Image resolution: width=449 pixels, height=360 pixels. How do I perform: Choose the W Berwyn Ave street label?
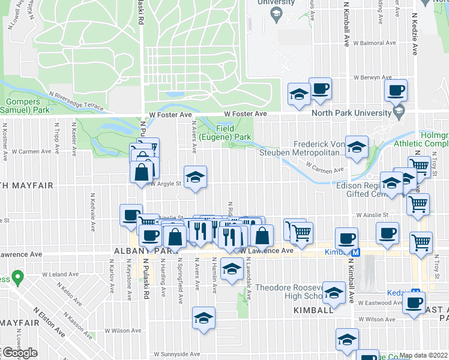(373, 78)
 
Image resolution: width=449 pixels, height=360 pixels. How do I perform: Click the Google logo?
(19, 353)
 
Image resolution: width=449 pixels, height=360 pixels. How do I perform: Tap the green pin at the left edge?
(18, 278)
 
